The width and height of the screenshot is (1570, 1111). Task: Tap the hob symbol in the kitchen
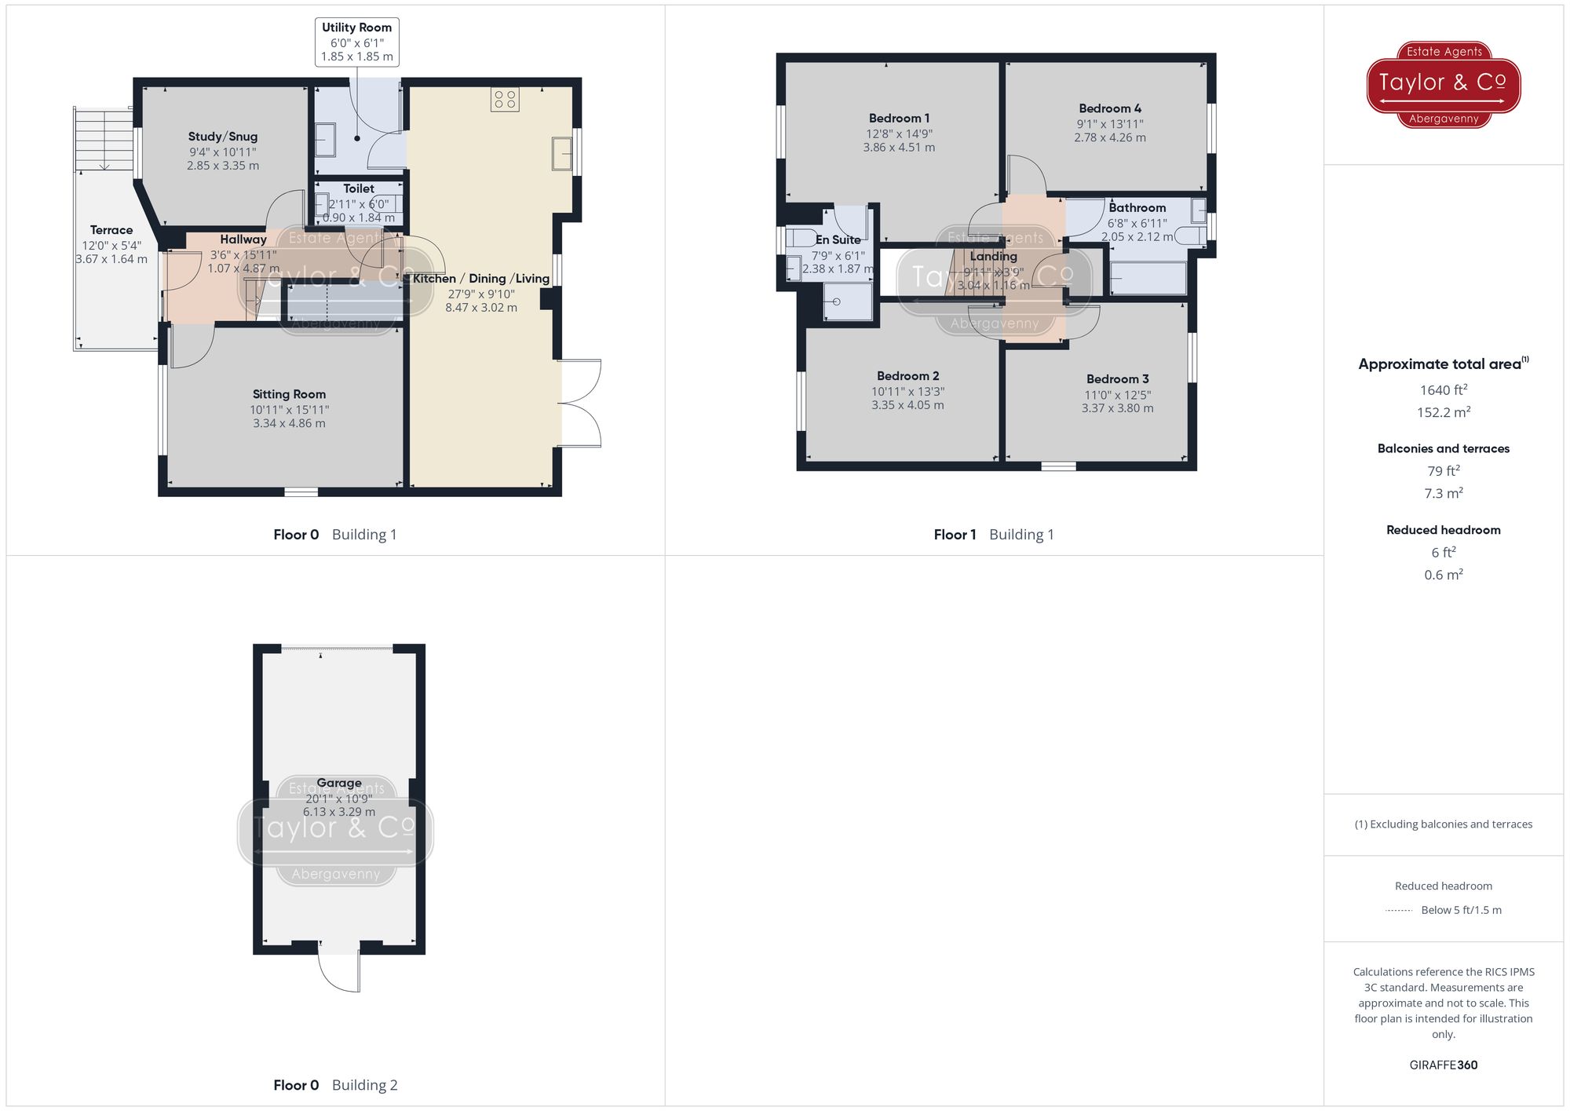pyautogui.click(x=505, y=100)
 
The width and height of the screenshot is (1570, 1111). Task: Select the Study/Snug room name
pyautogui.click(x=223, y=137)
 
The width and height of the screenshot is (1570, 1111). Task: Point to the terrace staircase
pyautogui.click(x=104, y=139)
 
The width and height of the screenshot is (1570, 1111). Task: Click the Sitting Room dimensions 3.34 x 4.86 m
pyautogui.click(x=289, y=424)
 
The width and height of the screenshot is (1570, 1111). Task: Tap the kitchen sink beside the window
pyautogui.click(x=561, y=154)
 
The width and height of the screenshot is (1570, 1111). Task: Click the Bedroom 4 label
pyautogui.click(x=1109, y=108)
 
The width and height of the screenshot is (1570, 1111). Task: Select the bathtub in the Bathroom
pyautogui.click(x=1148, y=278)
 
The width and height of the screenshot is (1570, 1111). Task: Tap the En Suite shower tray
pyautogui.click(x=847, y=302)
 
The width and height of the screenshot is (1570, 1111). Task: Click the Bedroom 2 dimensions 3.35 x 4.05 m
pyautogui.click(x=907, y=405)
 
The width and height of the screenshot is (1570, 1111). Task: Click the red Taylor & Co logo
pyautogui.click(x=1443, y=84)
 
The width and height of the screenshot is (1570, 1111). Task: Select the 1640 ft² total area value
pyautogui.click(x=1443, y=390)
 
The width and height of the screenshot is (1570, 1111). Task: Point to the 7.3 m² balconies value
pyautogui.click(x=1443, y=493)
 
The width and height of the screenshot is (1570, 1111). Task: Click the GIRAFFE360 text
pyautogui.click(x=1443, y=1065)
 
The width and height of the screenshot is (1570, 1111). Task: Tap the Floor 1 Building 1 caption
pyautogui.click(x=993, y=535)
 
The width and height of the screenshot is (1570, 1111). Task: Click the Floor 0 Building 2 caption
pyautogui.click(x=335, y=1085)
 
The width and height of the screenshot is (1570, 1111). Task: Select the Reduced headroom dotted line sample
pyautogui.click(x=1398, y=911)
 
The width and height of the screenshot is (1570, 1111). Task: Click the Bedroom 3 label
pyautogui.click(x=1117, y=379)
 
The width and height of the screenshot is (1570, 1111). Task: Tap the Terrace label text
pyautogui.click(x=111, y=230)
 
